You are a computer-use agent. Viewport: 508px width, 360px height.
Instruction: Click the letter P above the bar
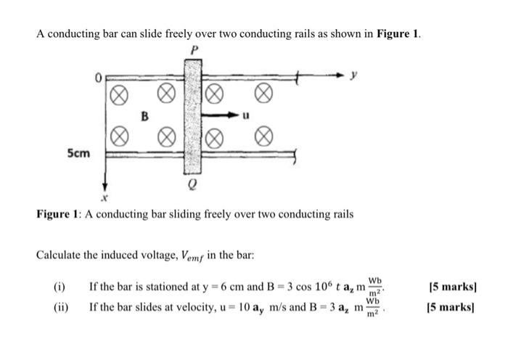[193, 50]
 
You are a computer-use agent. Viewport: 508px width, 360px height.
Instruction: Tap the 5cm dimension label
[79, 154]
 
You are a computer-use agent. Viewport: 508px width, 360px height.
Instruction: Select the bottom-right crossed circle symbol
[265, 135]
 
